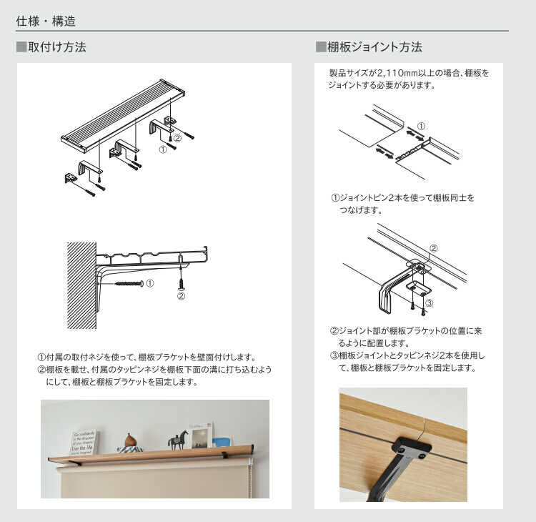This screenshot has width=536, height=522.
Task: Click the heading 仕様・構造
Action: point(46,21)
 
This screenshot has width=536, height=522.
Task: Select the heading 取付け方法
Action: point(57,47)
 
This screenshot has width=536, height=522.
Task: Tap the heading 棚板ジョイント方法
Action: point(374,47)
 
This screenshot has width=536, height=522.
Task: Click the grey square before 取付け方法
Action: point(21,47)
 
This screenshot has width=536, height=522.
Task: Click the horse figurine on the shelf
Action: point(178,440)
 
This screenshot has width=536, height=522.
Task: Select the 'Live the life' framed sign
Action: point(83,443)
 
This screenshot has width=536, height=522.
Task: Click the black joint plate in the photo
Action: point(411,448)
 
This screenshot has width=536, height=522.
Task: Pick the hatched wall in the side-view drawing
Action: point(81,285)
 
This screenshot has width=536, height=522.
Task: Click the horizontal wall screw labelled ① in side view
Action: point(129,284)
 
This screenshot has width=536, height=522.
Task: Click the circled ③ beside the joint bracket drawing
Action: point(429,302)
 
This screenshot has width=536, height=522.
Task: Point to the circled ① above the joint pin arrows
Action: point(421,127)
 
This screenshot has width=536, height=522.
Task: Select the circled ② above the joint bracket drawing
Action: point(434,248)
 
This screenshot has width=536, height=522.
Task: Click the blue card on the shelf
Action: point(221,443)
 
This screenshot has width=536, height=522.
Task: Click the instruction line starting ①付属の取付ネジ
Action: point(147,357)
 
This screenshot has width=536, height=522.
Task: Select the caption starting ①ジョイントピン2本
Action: point(402,204)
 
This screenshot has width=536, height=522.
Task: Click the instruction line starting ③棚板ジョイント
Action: point(407,362)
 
